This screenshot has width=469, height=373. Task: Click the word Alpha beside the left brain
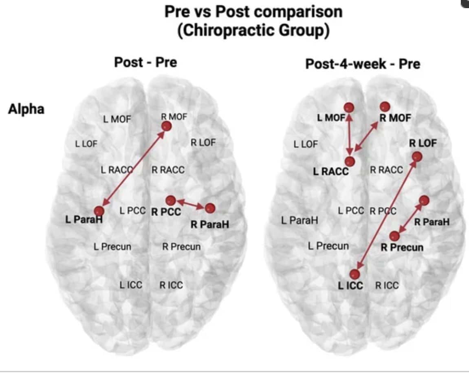click(26, 110)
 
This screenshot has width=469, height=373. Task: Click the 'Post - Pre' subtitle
click(145, 62)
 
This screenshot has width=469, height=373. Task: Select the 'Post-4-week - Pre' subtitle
click(363, 64)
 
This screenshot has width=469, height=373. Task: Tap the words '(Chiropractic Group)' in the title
click(253, 31)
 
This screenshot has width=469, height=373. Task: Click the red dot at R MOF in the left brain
click(166, 126)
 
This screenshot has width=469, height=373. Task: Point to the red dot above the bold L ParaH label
click(99, 211)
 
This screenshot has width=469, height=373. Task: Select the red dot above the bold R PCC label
click(171, 200)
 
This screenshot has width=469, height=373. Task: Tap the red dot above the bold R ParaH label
click(210, 208)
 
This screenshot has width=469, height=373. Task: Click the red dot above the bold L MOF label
click(349, 107)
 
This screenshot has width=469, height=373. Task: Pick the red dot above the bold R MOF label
click(385, 107)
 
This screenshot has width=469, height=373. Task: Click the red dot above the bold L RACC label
click(350, 161)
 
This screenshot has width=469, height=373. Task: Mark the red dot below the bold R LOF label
click(417, 156)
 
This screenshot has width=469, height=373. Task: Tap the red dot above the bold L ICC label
click(355, 274)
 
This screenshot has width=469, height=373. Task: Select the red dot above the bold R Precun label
click(394, 236)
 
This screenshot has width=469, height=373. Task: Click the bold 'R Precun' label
click(402, 247)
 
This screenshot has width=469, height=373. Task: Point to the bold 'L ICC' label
click(350, 285)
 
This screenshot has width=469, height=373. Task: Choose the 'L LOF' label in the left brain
click(86, 143)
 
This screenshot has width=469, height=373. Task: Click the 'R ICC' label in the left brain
click(171, 285)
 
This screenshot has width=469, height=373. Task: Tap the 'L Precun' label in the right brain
click(328, 246)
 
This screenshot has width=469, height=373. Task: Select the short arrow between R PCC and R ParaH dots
click(190, 204)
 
